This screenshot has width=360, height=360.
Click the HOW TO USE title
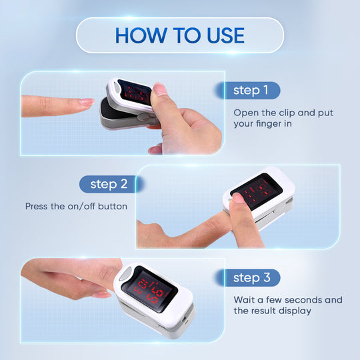tap(179, 35)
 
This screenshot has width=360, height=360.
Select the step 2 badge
tap(109, 184)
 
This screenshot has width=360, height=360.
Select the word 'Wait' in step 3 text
tap(245, 299)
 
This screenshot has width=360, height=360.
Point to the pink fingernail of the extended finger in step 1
tap(85, 102)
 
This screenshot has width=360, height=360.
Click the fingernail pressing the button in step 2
tap(238, 197)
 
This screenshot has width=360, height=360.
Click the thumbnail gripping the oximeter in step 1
tap(159, 89)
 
